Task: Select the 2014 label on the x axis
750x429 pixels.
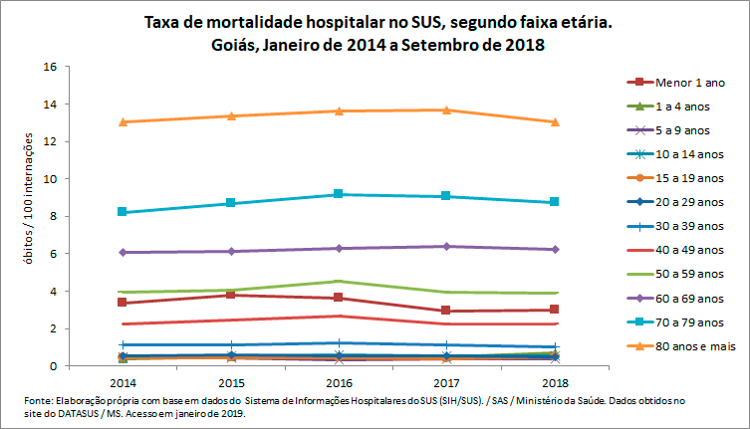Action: click(123, 381)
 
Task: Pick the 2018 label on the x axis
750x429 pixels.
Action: click(555, 381)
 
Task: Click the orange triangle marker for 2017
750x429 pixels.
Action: click(446, 109)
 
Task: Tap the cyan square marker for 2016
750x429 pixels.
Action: click(339, 194)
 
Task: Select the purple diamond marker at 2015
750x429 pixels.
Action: click(230, 251)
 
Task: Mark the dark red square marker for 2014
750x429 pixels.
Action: click(123, 303)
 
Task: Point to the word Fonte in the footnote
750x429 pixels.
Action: click(38, 400)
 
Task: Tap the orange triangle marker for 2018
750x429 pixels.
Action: click(555, 121)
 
